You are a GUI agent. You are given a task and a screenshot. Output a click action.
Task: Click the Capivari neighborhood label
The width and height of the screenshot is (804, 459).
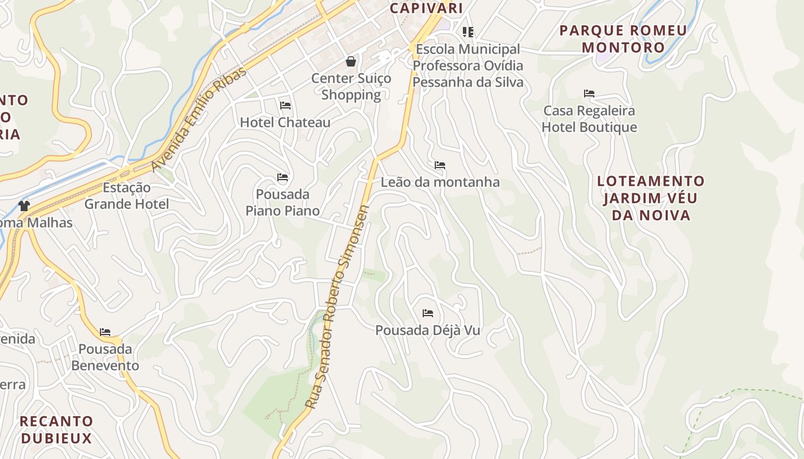(x=426, y=8)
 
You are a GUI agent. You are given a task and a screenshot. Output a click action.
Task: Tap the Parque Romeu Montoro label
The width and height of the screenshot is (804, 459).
(x=623, y=38)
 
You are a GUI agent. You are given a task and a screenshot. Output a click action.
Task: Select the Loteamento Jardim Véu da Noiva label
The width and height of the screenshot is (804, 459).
(x=651, y=198)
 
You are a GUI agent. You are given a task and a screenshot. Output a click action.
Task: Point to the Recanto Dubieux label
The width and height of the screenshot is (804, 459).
(x=56, y=430)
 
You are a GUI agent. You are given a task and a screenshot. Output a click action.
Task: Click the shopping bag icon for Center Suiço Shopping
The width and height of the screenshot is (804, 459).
(x=351, y=61)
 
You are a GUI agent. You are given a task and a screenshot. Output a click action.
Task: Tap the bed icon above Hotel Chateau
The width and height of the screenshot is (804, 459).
(x=285, y=106)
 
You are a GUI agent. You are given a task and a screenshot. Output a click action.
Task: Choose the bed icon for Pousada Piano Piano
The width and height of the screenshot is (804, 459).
(x=283, y=177)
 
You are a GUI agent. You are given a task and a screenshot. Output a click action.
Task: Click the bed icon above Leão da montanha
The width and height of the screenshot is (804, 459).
(x=440, y=166)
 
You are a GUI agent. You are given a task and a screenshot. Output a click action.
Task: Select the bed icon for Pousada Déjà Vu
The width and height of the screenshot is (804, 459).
(x=428, y=313)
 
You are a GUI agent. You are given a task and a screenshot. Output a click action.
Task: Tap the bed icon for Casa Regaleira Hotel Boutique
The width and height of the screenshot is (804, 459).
(x=589, y=93)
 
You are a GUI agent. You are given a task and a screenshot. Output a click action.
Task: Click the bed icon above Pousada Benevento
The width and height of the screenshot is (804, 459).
(x=105, y=332)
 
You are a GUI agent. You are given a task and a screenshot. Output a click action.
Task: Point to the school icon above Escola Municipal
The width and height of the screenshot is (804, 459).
(x=468, y=32)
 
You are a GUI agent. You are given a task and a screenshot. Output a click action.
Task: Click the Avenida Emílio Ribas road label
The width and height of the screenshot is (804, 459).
(x=199, y=119)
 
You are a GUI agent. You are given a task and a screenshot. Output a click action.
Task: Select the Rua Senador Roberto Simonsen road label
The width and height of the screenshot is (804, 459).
(x=337, y=307)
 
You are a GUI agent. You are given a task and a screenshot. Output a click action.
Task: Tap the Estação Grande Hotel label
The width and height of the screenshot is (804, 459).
(x=126, y=196)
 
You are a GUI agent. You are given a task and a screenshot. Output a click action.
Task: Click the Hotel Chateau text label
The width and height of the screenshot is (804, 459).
(x=285, y=122)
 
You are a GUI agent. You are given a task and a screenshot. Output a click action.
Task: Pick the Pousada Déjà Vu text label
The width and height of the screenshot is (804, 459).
(x=428, y=330)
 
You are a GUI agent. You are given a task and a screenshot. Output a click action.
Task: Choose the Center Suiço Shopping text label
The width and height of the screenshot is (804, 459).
(x=351, y=87)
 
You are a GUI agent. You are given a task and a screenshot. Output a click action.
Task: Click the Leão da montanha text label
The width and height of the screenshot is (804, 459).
(x=440, y=182)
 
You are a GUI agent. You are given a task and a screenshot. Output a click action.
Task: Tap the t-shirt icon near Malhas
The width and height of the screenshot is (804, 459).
(x=24, y=205)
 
